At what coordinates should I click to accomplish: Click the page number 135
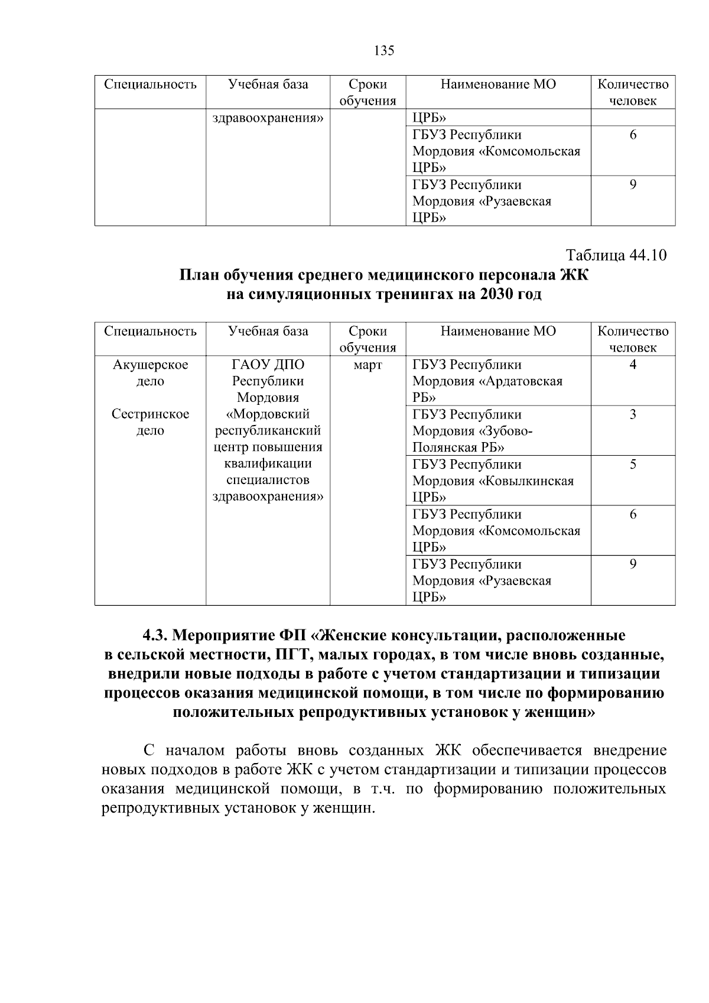(x=384, y=51)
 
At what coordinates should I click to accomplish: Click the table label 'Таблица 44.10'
(x=616, y=255)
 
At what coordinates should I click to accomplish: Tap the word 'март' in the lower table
(x=367, y=365)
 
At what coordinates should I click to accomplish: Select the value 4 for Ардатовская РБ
(x=633, y=365)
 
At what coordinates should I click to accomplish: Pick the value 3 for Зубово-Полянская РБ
(x=633, y=414)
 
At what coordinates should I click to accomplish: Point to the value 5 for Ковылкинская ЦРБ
(x=633, y=465)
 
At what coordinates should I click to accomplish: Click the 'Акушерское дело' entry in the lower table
(x=150, y=373)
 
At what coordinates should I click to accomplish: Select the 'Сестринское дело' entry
(x=150, y=422)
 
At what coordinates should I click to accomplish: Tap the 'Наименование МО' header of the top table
(x=498, y=85)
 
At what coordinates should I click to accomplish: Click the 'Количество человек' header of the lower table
(x=633, y=339)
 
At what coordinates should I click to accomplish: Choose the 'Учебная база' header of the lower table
(x=268, y=331)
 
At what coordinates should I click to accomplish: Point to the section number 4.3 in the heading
(x=156, y=636)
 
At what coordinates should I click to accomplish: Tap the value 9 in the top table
(x=633, y=185)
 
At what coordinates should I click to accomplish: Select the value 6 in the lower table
(x=633, y=514)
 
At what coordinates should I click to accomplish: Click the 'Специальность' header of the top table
(x=150, y=85)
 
